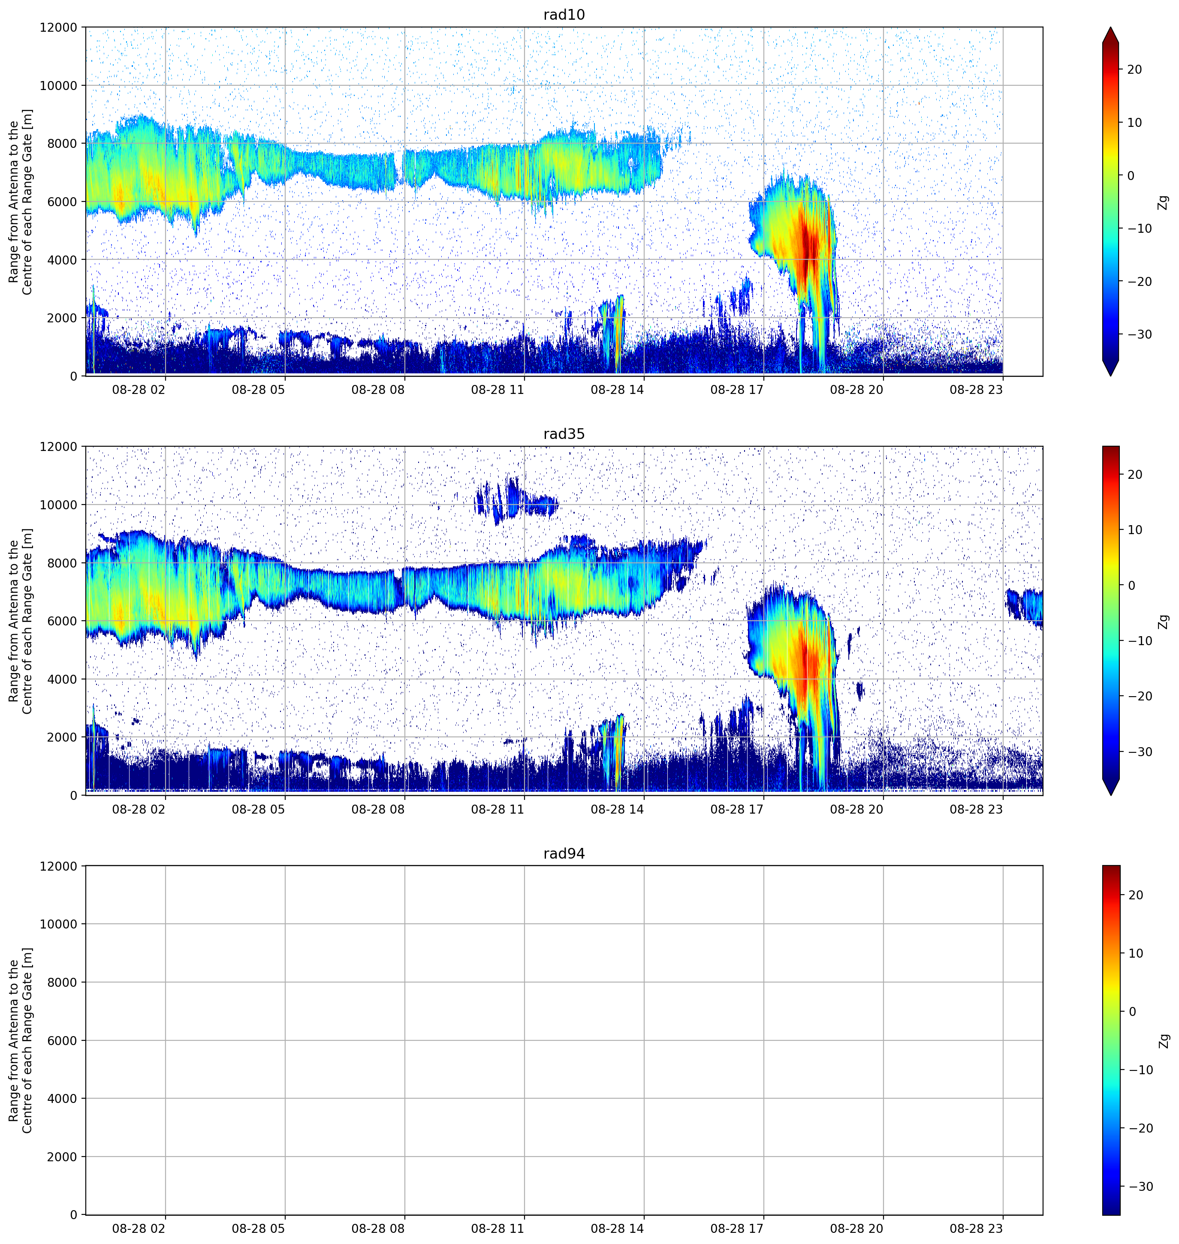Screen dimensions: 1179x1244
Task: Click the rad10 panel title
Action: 564,15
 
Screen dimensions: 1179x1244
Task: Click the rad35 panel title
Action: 564,434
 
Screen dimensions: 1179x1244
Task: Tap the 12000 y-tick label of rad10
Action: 58,27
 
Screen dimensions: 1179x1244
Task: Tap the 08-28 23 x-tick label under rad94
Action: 976,1228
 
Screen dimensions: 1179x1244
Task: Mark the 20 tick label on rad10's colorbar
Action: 1134,70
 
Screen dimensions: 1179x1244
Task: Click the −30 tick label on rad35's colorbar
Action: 1140,752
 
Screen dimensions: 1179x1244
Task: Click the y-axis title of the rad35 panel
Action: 20,621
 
